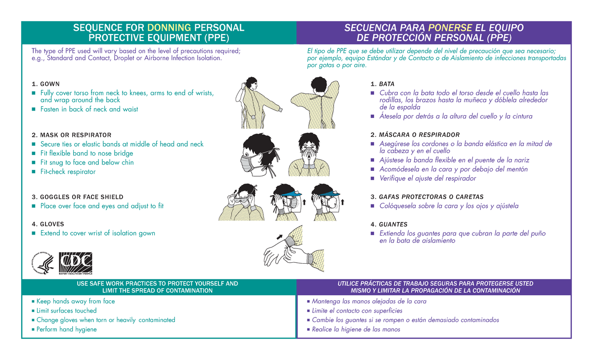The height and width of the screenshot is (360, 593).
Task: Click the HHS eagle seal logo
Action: point(43,264)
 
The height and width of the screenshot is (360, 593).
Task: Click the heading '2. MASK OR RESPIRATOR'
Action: point(71,135)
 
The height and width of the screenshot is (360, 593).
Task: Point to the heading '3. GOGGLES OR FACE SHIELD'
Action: point(77,197)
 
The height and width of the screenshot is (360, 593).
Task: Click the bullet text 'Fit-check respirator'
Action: point(68,172)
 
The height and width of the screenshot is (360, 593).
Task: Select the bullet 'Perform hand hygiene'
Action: point(66,329)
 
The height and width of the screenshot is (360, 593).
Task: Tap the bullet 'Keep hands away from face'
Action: point(75,301)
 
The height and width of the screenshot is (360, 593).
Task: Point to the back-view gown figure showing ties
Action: point(311,104)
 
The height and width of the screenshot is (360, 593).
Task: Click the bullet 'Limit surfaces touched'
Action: point(66,311)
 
